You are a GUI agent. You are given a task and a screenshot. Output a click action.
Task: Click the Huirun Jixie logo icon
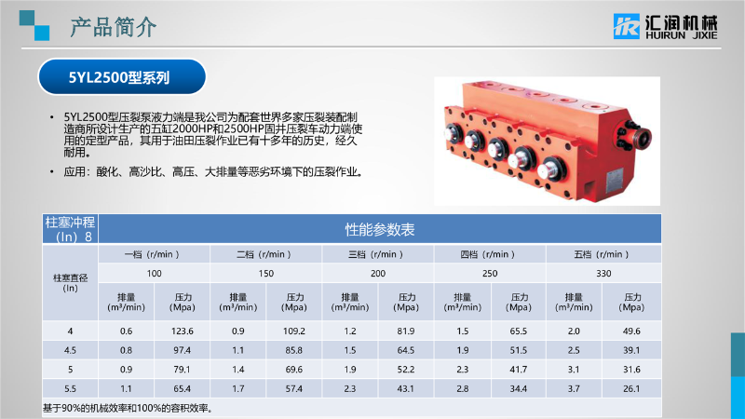[x=626, y=26]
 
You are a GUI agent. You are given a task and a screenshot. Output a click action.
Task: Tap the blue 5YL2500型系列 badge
[x=122, y=77]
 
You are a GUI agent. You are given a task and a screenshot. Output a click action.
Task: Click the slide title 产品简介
[x=113, y=27]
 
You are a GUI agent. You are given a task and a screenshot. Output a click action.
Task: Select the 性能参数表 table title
[x=380, y=230]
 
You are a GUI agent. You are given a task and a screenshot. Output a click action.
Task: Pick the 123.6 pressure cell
[x=183, y=331]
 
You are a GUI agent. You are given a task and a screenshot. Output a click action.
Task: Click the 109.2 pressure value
[x=294, y=331]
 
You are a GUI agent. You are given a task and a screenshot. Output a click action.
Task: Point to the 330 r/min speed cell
[x=603, y=274]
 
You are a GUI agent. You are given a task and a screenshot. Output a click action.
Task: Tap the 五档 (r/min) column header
[x=602, y=254]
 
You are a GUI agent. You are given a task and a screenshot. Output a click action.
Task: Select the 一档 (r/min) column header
[x=152, y=254]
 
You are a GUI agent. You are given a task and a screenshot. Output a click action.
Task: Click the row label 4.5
[x=71, y=351]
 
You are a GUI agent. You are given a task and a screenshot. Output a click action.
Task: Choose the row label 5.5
[x=71, y=389]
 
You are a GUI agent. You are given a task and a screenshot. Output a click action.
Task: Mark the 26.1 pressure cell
[x=631, y=389]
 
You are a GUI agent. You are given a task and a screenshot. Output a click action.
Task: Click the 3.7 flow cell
[x=574, y=389]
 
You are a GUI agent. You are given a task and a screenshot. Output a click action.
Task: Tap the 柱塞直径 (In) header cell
[x=71, y=283]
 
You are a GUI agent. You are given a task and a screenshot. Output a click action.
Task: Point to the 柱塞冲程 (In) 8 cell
[x=71, y=229]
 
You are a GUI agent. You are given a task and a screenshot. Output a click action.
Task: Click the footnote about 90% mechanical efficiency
[x=129, y=408]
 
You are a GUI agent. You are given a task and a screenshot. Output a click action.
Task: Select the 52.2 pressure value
[x=406, y=370]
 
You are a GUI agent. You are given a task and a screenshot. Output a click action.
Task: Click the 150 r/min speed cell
[x=266, y=274]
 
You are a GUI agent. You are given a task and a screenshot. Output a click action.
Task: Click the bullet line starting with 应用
[x=213, y=172]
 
